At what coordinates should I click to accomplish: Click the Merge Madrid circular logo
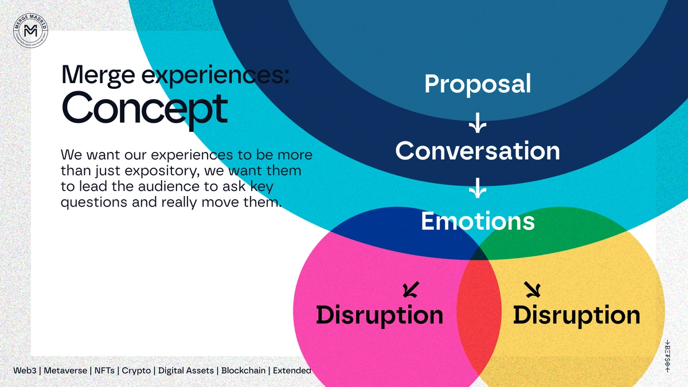click(x=31, y=32)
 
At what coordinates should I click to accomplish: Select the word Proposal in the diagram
click(x=478, y=84)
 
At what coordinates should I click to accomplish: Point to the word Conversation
click(x=478, y=151)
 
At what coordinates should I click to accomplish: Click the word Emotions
click(x=478, y=221)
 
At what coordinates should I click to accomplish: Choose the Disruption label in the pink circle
click(x=380, y=315)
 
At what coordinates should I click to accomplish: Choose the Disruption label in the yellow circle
click(x=576, y=315)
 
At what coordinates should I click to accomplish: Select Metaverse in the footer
click(x=65, y=370)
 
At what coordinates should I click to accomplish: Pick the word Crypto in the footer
click(x=136, y=370)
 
